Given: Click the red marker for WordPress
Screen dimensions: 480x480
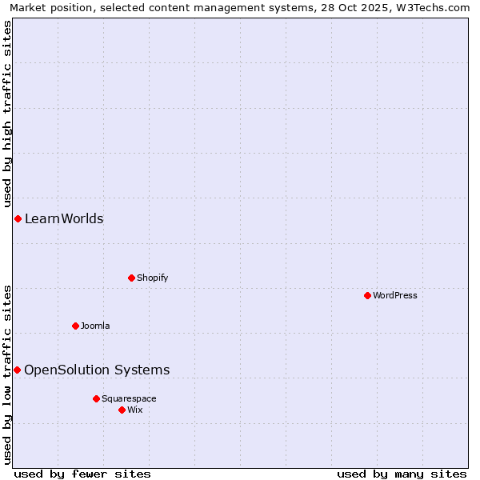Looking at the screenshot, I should pos(367,295).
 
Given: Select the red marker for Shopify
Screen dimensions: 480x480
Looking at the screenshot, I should pos(131,278).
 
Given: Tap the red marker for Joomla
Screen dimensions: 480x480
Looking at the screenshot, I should pos(75,326).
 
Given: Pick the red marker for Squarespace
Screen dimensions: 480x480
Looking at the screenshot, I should pos(96,398).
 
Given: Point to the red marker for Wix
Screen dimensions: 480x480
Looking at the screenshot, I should pos(122,410).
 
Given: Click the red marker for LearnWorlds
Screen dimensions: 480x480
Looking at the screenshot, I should pos(18,218).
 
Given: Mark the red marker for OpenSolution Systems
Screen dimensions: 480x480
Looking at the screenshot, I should pos(17,370).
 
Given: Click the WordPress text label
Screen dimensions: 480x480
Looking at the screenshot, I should pos(395,295).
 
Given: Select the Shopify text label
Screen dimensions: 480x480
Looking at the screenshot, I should pos(152,278).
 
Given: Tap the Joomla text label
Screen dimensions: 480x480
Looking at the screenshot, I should pos(95,326).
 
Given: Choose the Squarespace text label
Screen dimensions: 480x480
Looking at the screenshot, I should pos(129,398).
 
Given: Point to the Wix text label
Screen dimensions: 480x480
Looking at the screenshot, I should pos(135,410).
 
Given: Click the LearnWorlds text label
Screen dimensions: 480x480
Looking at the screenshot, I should pos(64,219).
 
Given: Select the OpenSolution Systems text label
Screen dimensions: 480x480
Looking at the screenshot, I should pos(97,370).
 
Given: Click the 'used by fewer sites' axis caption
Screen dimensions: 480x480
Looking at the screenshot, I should pos(82,474).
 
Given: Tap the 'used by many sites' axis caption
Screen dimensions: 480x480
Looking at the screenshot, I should pos(402,474).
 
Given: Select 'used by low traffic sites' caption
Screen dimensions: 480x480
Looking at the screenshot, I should pos(7,374).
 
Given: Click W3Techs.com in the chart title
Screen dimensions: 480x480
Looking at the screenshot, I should pos(436,7).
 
